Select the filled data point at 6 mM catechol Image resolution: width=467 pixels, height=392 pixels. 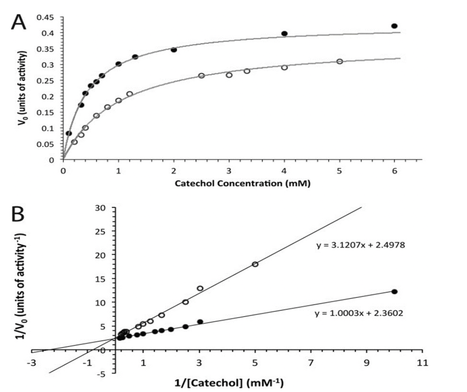[x=394, y=26]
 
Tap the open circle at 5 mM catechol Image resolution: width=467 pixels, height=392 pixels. [x=339, y=61]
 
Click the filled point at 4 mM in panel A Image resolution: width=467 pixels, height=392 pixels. [x=284, y=33]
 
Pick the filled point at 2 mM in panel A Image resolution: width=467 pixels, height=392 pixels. [x=174, y=50]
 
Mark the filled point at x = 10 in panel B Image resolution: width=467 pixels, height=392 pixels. [x=394, y=291]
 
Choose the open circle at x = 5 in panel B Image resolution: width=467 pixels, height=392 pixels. [x=255, y=264]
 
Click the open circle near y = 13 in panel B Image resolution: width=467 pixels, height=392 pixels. [x=200, y=288]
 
